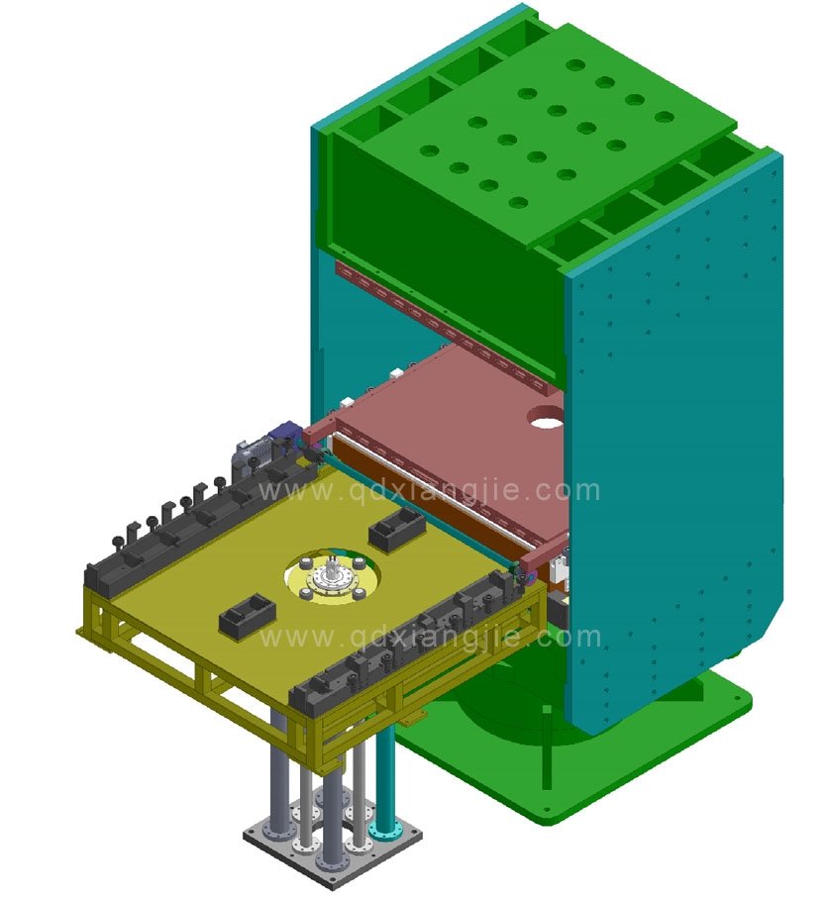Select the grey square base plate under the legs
pos(332,843)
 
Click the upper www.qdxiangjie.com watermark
pos(429,490)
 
